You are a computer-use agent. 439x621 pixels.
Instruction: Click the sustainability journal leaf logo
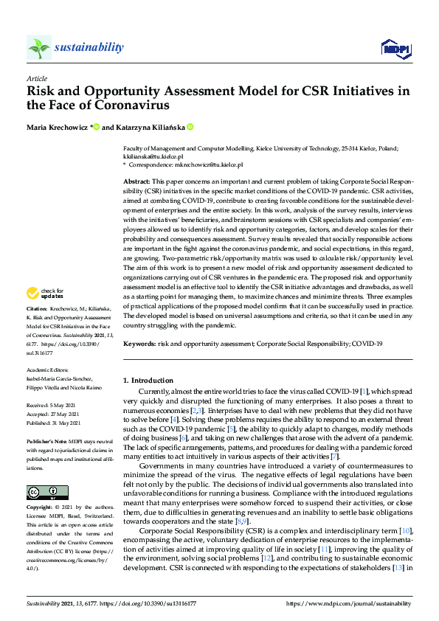point(39,47)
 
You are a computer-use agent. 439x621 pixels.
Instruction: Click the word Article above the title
point(36,78)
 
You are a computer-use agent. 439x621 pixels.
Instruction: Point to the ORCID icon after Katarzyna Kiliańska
point(190,128)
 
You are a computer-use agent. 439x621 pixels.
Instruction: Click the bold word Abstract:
point(137,181)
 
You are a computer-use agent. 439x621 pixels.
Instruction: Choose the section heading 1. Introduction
point(148,380)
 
